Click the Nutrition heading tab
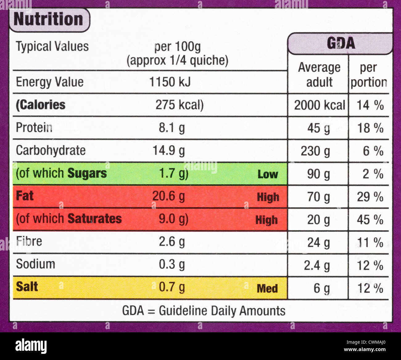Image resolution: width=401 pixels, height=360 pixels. click(x=49, y=19)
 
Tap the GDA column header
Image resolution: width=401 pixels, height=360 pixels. click(x=341, y=43)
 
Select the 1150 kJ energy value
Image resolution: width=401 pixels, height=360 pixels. click(x=170, y=82)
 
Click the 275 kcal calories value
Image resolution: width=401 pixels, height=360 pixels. click(x=179, y=105)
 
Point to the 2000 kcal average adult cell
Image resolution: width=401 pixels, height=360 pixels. click(x=319, y=105)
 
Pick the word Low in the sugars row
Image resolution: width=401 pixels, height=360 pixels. click(x=267, y=174)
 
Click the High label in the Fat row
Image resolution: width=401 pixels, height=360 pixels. click(x=268, y=197)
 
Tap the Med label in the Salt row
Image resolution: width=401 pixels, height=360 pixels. click(x=267, y=288)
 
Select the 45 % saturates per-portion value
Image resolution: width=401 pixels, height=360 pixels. click(x=370, y=220)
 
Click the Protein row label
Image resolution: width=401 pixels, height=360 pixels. click(x=34, y=127)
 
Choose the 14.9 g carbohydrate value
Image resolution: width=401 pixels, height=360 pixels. click(x=169, y=151)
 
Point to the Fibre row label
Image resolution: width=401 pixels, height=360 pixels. click(x=29, y=241)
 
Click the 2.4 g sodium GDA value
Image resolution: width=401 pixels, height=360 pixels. click(x=317, y=265)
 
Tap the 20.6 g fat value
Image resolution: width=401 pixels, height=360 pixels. click(x=168, y=196)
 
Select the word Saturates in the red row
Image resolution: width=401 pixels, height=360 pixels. click(x=94, y=219)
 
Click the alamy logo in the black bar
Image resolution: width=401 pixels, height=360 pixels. click(x=31, y=346)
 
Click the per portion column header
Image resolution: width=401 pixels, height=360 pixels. click(x=369, y=75)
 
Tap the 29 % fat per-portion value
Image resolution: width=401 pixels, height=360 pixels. click(x=370, y=197)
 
